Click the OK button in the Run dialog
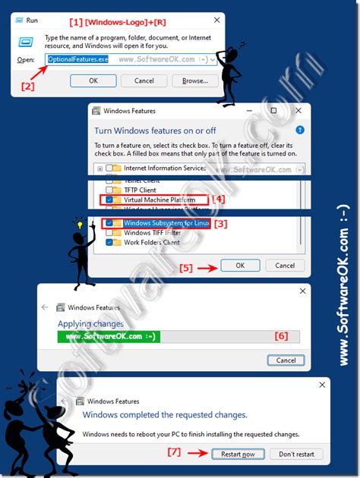tap(93, 80)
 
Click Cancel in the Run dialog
tap(144, 80)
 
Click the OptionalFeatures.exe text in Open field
tap(78, 58)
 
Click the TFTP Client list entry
tap(141, 190)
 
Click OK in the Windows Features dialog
tap(240, 266)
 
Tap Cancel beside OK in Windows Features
tap(285, 266)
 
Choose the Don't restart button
tap(301, 454)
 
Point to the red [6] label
tap(280, 335)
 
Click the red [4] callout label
tap(219, 200)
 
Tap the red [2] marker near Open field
tap(27, 86)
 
